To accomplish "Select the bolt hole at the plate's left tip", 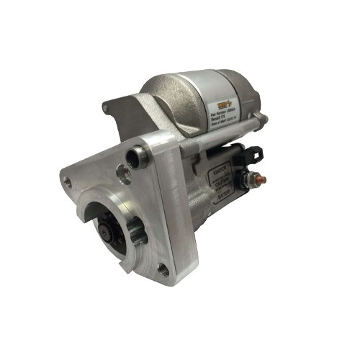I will (x=68, y=182).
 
